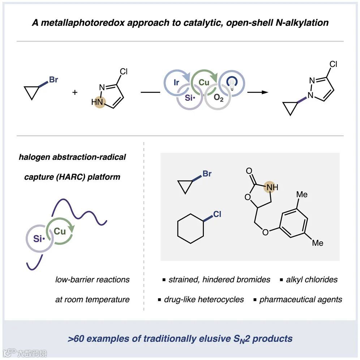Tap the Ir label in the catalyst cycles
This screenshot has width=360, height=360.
176,83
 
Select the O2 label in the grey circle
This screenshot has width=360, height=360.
218,98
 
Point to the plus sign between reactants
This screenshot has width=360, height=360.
75,92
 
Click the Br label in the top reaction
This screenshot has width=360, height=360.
53,80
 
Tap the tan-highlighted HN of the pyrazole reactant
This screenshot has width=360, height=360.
98,102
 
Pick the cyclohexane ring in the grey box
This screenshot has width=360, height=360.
190,229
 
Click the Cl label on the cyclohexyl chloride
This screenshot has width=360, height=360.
217,214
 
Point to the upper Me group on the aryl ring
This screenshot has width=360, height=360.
302,194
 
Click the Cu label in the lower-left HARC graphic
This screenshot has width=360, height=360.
60,231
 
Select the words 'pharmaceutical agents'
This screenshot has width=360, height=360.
301,300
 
